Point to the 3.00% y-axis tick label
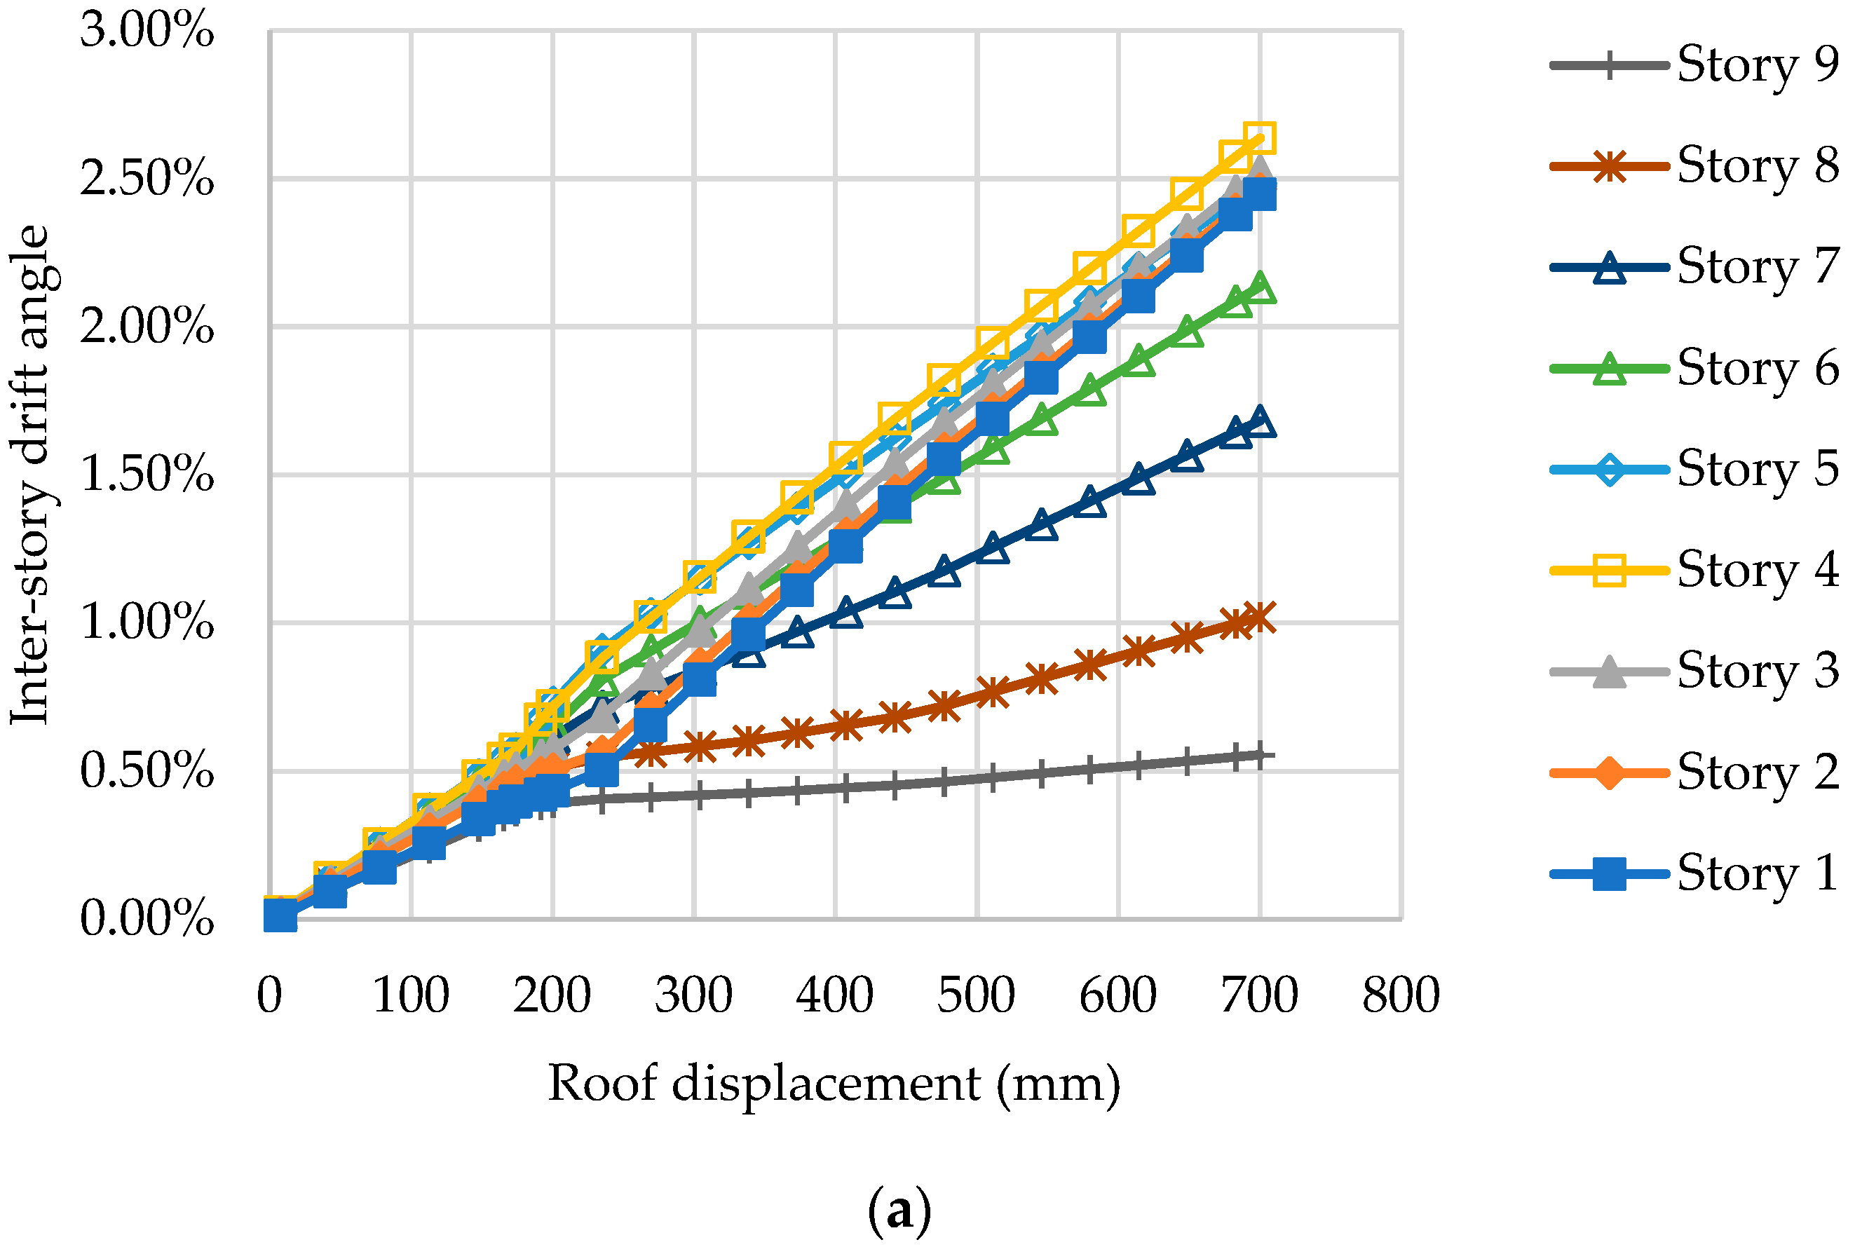(x=147, y=31)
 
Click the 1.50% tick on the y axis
(x=147, y=474)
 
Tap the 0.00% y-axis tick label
(x=147, y=918)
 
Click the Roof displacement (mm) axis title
(x=834, y=1083)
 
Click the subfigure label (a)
(x=899, y=1211)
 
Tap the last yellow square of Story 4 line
(x=1260, y=137)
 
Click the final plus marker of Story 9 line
(x=1260, y=754)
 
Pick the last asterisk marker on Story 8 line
(x=1260, y=617)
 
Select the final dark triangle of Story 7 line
(x=1260, y=421)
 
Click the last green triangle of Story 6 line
(x=1260, y=288)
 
